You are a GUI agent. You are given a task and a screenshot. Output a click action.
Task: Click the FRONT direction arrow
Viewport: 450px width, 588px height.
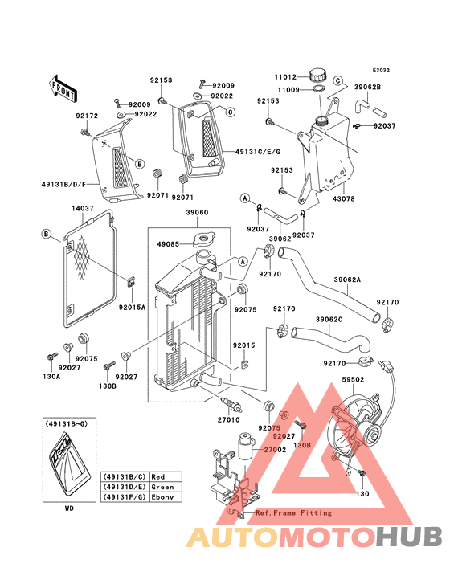[63, 88]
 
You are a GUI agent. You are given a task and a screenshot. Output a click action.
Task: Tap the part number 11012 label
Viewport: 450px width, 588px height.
[285, 77]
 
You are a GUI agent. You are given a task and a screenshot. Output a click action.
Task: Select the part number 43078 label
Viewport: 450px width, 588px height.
[343, 198]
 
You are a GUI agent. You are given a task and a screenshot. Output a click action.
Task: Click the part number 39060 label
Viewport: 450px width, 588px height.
[197, 212]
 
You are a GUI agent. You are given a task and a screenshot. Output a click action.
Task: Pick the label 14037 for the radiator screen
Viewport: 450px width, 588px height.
[83, 208]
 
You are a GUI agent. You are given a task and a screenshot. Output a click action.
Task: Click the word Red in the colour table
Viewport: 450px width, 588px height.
[157, 476]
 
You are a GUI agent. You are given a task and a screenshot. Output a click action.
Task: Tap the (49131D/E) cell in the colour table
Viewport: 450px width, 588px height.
[125, 487]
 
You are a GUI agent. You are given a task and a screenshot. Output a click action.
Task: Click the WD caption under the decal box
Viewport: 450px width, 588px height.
[69, 508]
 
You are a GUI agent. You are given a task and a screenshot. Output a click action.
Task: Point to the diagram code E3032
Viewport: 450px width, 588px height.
[381, 70]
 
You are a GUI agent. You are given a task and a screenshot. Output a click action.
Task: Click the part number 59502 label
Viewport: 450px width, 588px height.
[353, 379]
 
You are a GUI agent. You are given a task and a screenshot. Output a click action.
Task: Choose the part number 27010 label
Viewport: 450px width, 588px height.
[228, 420]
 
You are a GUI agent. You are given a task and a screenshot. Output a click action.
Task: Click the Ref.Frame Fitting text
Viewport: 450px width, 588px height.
[293, 512]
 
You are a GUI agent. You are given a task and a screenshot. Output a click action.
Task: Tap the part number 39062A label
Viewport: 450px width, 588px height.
[347, 280]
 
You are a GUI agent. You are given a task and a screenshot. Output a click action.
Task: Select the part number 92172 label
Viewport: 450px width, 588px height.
[87, 116]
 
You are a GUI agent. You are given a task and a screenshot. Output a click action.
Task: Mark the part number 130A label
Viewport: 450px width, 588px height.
[51, 376]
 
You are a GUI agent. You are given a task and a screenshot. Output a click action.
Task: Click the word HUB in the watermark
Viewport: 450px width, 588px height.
[409, 537]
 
